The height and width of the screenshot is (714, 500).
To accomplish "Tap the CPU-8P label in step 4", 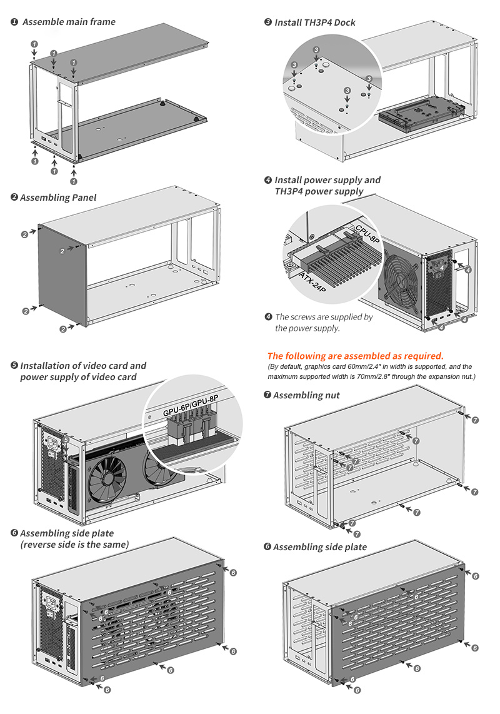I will (367, 233).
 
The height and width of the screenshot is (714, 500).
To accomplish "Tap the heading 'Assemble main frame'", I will (69, 22).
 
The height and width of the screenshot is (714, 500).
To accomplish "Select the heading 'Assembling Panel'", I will (58, 198).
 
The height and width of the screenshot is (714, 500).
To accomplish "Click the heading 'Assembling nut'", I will (306, 395).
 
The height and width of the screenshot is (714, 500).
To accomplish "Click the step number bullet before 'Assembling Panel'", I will (14, 198).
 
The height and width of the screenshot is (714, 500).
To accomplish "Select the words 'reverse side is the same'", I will (74, 545).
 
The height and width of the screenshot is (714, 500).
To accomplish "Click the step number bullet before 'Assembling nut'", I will (267, 395).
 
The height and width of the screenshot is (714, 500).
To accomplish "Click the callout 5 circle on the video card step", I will (66, 440).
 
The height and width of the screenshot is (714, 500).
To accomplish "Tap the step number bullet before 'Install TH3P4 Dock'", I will (268, 23).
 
